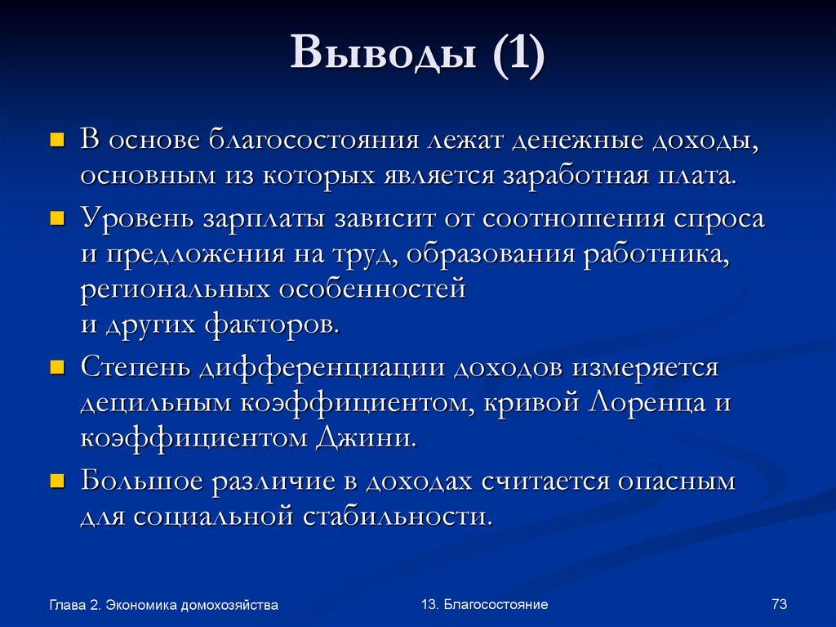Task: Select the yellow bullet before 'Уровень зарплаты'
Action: click(x=57, y=219)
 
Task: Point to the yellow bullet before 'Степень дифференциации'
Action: click(x=57, y=368)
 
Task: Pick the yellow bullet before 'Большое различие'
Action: click(x=57, y=481)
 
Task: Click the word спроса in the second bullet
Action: click(x=719, y=220)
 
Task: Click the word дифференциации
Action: click(x=322, y=369)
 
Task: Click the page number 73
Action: click(x=778, y=604)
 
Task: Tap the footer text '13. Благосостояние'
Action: click(x=485, y=604)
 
